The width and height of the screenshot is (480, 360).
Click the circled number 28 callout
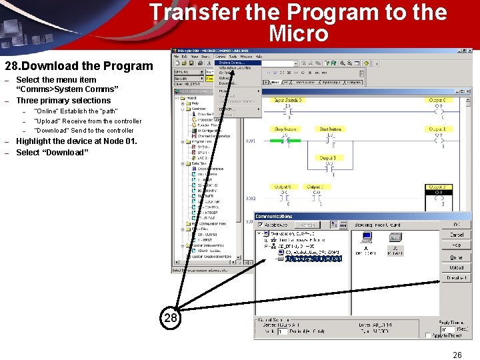tap(171, 318)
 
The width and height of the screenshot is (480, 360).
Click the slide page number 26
tap(457, 355)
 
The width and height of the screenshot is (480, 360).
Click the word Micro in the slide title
tap(298, 33)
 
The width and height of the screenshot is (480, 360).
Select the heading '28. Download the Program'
tap(79, 66)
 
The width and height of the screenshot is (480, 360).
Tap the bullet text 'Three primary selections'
tap(63, 101)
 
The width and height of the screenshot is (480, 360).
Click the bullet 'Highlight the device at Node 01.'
tap(76, 141)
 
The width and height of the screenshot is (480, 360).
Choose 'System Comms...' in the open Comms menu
tap(231, 63)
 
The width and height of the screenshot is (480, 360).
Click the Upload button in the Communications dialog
tap(456, 267)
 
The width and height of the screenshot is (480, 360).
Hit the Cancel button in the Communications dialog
tap(456, 235)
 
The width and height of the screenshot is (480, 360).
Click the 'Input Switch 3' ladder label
tap(288, 100)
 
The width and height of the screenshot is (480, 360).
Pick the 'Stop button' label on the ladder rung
tap(286, 129)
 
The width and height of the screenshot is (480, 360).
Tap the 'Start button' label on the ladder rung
tap(330, 129)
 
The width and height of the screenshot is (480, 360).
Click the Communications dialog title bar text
tap(274, 216)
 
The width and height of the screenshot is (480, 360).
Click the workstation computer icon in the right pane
tap(365, 237)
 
